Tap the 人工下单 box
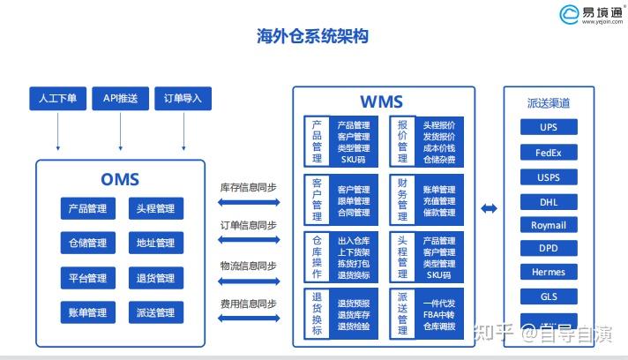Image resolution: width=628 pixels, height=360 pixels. point(57,99)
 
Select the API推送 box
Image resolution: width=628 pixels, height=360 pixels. point(120,99)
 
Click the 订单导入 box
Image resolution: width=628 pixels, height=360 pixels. point(183,99)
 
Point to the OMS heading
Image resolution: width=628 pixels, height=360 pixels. point(120,180)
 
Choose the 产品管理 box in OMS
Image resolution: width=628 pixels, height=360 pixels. point(87,209)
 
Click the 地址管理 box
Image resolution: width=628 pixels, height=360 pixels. point(155,244)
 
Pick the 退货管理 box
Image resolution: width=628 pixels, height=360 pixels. point(155,278)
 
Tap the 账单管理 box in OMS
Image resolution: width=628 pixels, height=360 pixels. point(87,312)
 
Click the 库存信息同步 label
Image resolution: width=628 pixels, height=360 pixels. point(248,186)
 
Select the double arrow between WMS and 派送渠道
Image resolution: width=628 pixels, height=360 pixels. point(489,208)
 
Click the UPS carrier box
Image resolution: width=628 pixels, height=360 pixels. point(549,127)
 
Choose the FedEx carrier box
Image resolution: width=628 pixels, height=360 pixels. point(549,152)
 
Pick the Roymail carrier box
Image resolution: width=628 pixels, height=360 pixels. point(549,225)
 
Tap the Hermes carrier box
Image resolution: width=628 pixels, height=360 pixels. point(549,272)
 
